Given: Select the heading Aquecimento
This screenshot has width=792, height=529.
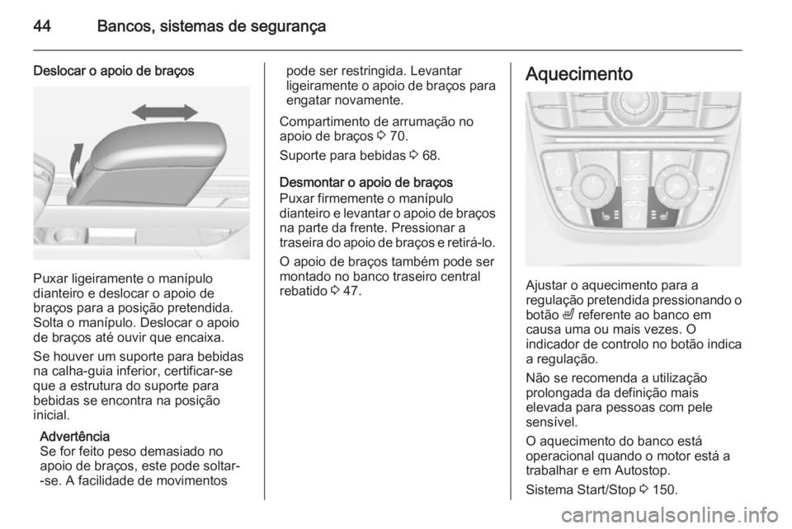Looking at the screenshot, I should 577,74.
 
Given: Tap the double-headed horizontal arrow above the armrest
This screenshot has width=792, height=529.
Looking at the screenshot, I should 165,112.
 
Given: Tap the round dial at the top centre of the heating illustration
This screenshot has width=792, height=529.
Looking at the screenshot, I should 633,110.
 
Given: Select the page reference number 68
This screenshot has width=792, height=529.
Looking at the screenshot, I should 431,154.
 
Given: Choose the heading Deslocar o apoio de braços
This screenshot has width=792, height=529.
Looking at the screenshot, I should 114,71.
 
